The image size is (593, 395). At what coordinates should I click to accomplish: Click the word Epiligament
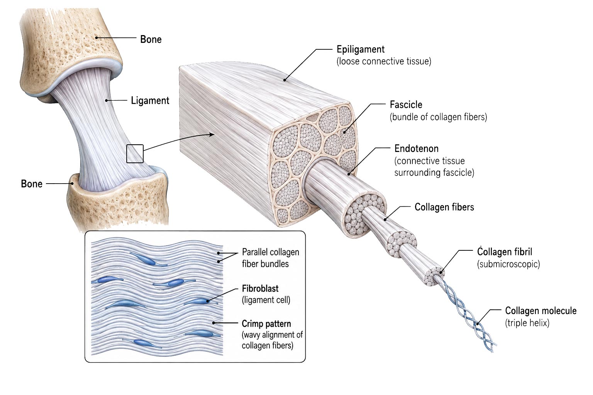[361, 49]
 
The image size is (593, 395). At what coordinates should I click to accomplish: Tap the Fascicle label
[406, 105]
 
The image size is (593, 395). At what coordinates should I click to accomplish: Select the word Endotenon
[417, 149]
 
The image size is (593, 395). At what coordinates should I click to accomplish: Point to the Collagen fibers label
[444, 207]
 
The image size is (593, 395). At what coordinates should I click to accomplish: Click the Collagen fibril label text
[505, 252]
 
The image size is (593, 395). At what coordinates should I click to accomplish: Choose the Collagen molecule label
[540, 311]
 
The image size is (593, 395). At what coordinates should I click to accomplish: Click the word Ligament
[150, 101]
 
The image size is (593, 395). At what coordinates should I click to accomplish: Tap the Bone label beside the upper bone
[151, 39]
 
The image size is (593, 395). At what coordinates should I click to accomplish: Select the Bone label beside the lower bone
[32, 184]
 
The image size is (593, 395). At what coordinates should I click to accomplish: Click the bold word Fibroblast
[260, 289]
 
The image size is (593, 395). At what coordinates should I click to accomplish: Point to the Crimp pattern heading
[266, 324]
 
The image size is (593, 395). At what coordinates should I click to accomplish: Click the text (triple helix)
[527, 323]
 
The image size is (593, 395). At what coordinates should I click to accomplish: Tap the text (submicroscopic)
[508, 264]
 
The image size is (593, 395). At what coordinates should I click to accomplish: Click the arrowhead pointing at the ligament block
[212, 134]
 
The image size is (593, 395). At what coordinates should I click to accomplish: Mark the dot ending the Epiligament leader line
[285, 80]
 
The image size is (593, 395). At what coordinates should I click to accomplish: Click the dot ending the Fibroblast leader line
[208, 301]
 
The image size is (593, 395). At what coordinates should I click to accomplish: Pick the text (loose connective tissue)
[384, 61]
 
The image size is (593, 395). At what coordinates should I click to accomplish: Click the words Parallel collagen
[271, 252]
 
